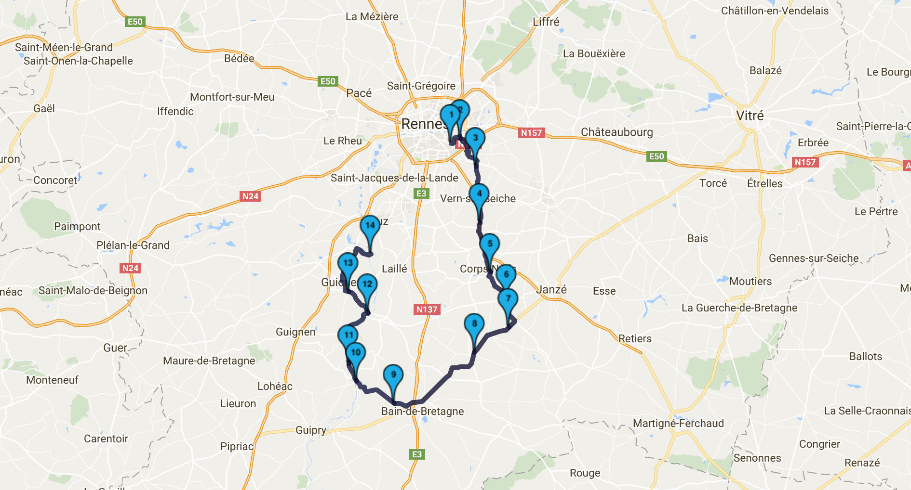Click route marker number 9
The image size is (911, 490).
pyautogui.click(x=393, y=375)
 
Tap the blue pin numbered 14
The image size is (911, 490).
pyautogui.click(x=370, y=225)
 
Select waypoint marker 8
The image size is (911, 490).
pyautogui.click(x=474, y=324)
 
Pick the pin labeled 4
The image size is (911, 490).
pyautogui.click(x=479, y=194)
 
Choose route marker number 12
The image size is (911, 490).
pyautogui.click(x=367, y=284)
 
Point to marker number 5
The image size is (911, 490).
pyautogui.click(x=490, y=244)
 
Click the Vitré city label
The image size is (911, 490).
pyautogui.click(x=750, y=116)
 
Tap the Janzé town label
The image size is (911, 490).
pyautogui.click(x=551, y=290)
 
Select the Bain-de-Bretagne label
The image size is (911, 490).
pyautogui.click(x=422, y=412)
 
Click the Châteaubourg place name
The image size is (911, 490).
pyautogui.click(x=616, y=132)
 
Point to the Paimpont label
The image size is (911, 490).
pyautogui.click(x=77, y=227)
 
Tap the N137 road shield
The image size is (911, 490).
pyautogui.click(x=427, y=309)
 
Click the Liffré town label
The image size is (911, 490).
pyautogui.click(x=546, y=22)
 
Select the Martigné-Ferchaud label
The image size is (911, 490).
pyautogui.click(x=678, y=424)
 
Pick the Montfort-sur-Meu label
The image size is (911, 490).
pyautogui.click(x=232, y=97)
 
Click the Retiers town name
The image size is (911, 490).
pyautogui.click(x=635, y=339)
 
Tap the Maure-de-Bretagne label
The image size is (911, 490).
pyautogui.click(x=209, y=361)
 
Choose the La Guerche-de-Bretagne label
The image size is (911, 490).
pyautogui.click(x=739, y=308)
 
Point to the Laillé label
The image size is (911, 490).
pyautogui.click(x=394, y=269)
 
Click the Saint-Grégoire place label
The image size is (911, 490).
pyautogui.click(x=421, y=86)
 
